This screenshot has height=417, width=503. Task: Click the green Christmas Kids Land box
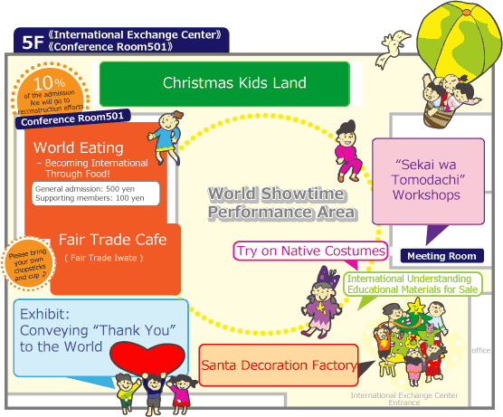[224, 84]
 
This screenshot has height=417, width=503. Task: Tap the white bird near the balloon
[392, 49]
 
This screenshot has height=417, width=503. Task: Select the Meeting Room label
[441, 256]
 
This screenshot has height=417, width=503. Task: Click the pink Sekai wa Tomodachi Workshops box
[428, 181]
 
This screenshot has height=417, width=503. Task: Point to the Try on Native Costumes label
[310, 251]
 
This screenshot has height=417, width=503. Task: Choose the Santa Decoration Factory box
[279, 365]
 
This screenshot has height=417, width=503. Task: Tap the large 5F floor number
[33, 43]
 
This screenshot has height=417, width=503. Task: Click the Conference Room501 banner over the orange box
[72, 119]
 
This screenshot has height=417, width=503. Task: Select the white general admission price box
[96, 194]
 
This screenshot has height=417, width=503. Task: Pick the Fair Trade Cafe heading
[112, 240]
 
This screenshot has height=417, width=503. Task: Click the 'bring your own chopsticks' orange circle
[28, 263]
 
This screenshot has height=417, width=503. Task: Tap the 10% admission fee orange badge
[50, 90]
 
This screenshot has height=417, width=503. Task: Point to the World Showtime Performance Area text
[281, 203]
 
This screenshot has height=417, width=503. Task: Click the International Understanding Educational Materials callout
[413, 284]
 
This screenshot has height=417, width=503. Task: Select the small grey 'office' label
[481, 350]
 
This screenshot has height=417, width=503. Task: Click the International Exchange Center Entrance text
[404, 399]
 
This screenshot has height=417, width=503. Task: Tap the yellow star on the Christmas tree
[416, 306]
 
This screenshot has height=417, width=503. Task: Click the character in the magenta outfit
[348, 151]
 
